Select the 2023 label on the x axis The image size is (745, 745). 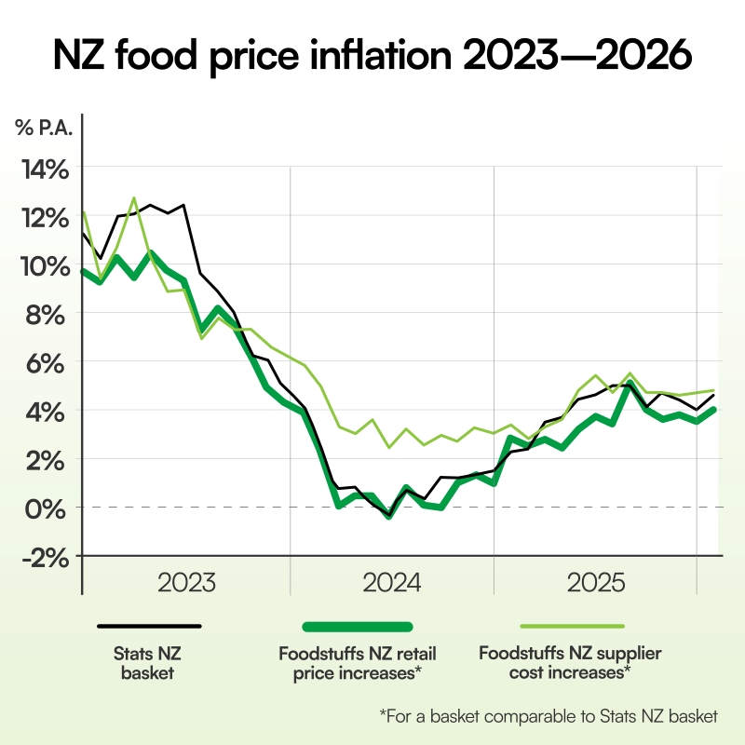[x=186, y=584]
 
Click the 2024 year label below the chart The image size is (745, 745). [x=393, y=584]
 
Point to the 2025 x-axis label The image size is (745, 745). [x=596, y=584]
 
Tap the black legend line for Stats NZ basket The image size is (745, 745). [x=155, y=627]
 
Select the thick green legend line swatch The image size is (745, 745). [x=357, y=627]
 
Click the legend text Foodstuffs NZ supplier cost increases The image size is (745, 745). [x=569, y=662]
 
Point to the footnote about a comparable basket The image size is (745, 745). [x=549, y=715]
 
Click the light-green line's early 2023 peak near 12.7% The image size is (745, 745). [x=134, y=198]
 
